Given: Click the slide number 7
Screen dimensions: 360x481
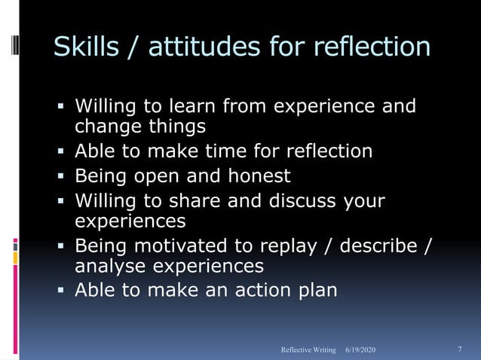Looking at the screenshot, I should [x=460, y=349].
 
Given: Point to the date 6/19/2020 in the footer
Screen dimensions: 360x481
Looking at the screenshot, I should [x=360, y=350].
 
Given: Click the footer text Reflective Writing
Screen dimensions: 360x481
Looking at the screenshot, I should [x=308, y=350].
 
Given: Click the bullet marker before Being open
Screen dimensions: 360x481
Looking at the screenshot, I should [x=63, y=177].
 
